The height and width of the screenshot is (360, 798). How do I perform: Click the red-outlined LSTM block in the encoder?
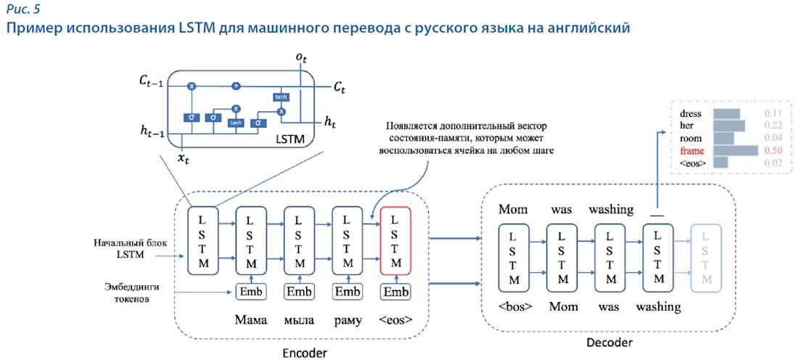[x=395, y=241]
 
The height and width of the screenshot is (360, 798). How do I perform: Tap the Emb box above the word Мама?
[x=251, y=292]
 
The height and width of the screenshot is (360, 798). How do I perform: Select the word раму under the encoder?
[x=347, y=319]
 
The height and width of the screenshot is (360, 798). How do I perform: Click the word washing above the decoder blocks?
[x=610, y=210]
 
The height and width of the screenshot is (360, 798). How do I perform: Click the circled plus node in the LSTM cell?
[x=236, y=86]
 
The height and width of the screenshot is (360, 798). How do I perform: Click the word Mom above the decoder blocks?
[x=514, y=210]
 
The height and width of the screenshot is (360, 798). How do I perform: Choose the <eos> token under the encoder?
[x=395, y=319]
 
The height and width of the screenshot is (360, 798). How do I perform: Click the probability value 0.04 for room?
[x=772, y=137]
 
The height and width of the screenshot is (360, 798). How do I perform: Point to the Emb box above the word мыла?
[x=299, y=292]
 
